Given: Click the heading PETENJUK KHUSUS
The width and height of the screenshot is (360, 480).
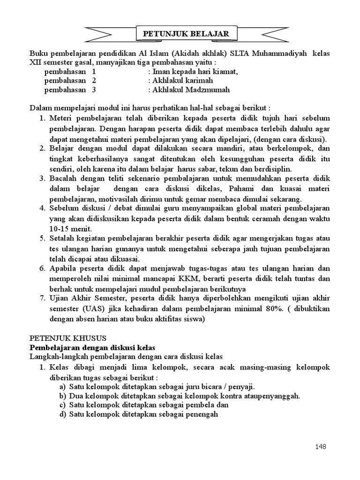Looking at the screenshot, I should coord(68,338).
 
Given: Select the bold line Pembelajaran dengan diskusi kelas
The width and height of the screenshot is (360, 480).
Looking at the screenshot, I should coord(92,347).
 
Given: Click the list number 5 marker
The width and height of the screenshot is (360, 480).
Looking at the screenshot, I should coord(42,238).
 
